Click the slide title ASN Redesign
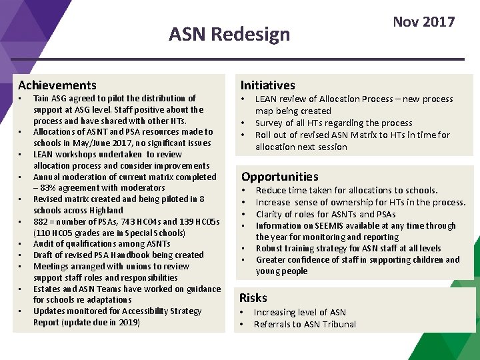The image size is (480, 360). click(x=229, y=33)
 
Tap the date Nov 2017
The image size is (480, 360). click(x=423, y=22)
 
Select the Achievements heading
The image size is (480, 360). click(x=57, y=85)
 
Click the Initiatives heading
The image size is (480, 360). click(x=267, y=85)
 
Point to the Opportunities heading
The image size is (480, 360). click(x=279, y=177)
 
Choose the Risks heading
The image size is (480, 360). click(x=253, y=298)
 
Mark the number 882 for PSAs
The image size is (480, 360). click(x=41, y=222)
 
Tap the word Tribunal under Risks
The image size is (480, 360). click(x=337, y=325)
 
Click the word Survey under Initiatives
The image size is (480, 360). click(x=270, y=123)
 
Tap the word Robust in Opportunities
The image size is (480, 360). click(x=270, y=249)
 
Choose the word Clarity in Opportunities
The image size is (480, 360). click(x=269, y=215)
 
